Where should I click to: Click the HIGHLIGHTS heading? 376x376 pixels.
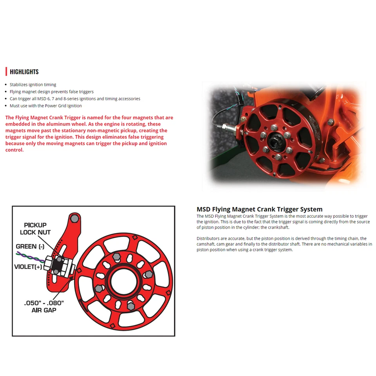pyautogui.click(x=24, y=72)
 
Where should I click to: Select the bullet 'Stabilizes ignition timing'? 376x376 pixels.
pyautogui.click(x=33, y=85)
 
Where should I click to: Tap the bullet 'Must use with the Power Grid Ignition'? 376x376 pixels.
pyautogui.click(x=46, y=106)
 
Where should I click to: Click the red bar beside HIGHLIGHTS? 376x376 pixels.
pyautogui.click(x=6, y=72)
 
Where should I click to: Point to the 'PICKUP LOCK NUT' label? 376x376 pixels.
pyautogui.click(x=35, y=229)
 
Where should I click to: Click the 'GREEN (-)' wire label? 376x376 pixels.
pyautogui.click(x=30, y=246)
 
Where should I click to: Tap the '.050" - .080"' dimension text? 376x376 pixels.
pyautogui.click(x=44, y=303)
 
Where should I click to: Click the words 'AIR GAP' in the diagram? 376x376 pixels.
pyautogui.click(x=44, y=310)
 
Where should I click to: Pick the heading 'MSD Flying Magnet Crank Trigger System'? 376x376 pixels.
pyautogui.click(x=259, y=209)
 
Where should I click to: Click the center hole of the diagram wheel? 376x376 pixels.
pyautogui.click(x=125, y=280)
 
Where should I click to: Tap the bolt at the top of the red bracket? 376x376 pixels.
pyautogui.click(x=75, y=218)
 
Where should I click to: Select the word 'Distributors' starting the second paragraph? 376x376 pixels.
pyautogui.click(x=208, y=239)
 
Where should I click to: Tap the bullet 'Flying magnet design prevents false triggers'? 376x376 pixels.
pyautogui.click(x=52, y=92)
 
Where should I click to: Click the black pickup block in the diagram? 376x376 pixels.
pyautogui.click(x=58, y=265)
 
